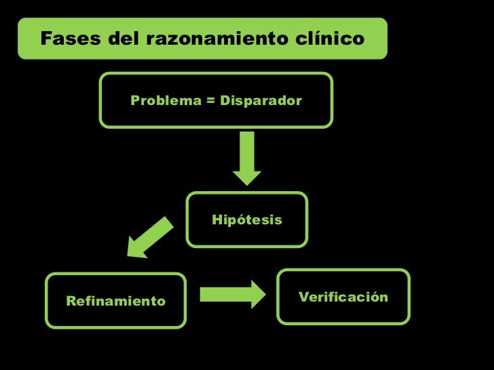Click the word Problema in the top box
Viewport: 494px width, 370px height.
162,101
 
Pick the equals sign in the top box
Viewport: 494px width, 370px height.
211,101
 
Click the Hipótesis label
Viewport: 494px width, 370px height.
247,220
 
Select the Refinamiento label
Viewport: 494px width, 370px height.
115,301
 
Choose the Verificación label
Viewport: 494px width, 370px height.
343,297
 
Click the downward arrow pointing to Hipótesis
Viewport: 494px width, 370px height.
247,158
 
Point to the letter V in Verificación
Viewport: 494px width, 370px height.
303,297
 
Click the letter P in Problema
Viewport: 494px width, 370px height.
135,101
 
